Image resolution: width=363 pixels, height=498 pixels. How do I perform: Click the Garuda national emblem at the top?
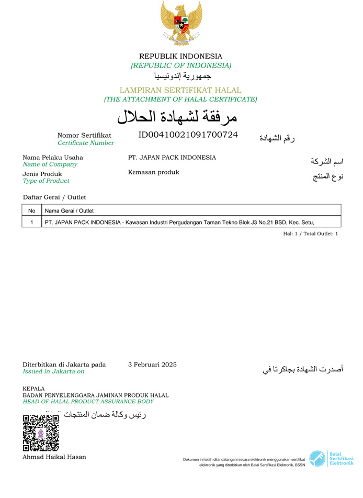pyautogui.click(x=181, y=23)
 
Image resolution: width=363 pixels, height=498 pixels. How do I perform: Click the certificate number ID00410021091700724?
pyautogui.click(x=188, y=135)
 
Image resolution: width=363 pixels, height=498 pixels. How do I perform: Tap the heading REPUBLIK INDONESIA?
pyautogui.click(x=180, y=56)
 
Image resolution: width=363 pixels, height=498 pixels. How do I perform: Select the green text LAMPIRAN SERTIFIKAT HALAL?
pyautogui.click(x=180, y=90)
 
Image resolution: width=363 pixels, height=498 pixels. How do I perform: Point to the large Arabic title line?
pyautogui.click(x=177, y=116)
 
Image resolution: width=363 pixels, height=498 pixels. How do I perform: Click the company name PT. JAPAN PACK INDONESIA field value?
pyautogui.click(x=172, y=158)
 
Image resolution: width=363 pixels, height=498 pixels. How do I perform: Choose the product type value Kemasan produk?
pyautogui.click(x=153, y=172)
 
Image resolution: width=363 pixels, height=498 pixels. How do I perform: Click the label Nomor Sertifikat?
pyautogui.click(x=84, y=135)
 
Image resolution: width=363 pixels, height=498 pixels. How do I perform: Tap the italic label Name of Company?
pyautogui.click(x=50, y=164)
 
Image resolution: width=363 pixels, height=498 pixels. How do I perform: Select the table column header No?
pyautogui.click(x=32, y=211)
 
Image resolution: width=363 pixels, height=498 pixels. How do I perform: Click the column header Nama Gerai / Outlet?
pyautogui.click(x=69, y=211)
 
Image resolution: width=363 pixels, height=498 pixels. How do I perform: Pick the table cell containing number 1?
pyautogui.click(x=32, y=222)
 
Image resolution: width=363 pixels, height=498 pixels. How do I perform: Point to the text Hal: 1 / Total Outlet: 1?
pyautogui.click(x=310, y=234)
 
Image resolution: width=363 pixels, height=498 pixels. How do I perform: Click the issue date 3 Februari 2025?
pyautogui.click(x=152, y=364)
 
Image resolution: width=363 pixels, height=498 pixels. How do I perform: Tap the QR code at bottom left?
pyautogui.click(x=41, y=433)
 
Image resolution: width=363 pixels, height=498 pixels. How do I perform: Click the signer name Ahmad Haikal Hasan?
pyautogui.click(x=54, y=457)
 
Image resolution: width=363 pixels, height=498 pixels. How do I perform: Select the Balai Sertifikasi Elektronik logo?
pyautogui.click(x=331, y=459)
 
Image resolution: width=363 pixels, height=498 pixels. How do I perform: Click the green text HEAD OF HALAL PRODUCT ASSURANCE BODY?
pyautogui.click(x=88, y=402)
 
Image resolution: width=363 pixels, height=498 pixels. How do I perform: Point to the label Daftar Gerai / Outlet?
pyautogui.click(x=54, y=197)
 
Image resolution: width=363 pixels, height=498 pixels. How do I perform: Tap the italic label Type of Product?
pyautogui.click(x=46, y=181)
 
